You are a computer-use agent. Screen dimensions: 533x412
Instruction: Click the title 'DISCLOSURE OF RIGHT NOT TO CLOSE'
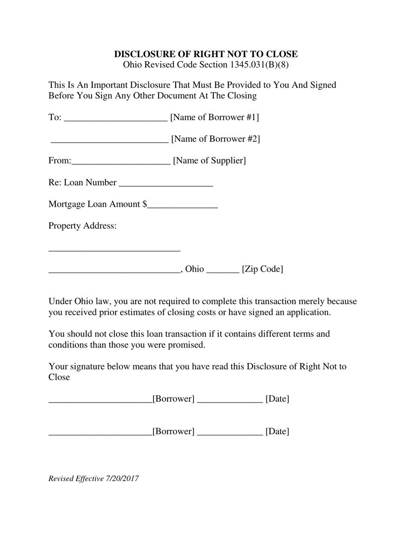[x=206, y=54]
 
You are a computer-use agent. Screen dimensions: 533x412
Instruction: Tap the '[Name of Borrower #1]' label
[x=215, y=117]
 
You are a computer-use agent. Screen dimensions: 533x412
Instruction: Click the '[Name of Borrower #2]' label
[x=216, y=139]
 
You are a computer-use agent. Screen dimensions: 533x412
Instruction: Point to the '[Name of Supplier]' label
[x=209, y=160]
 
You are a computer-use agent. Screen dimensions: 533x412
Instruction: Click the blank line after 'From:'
[x=121, y=163]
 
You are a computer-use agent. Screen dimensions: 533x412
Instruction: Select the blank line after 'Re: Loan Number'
[x=166, y=185]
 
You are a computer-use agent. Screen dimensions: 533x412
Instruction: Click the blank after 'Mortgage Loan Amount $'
[x=182, y=207]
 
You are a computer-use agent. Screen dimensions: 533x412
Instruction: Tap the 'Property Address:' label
[x=82, y=226]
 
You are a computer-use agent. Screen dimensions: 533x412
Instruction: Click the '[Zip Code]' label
[x=262, y=269]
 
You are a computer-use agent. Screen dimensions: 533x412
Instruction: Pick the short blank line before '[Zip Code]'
[x=223, y=272]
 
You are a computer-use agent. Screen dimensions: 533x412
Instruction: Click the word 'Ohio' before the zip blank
[x=194, y=269]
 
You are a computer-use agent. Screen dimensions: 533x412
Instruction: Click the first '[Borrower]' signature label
[x=173, y=399]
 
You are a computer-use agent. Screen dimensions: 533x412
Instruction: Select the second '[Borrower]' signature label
[x=173, y=431]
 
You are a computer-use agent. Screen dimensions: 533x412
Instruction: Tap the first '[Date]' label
[x=277, y=399]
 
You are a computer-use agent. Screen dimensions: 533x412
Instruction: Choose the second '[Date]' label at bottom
[x=277, y=431]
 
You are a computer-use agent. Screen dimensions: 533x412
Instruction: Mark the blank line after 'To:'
[x=115, y=120]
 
